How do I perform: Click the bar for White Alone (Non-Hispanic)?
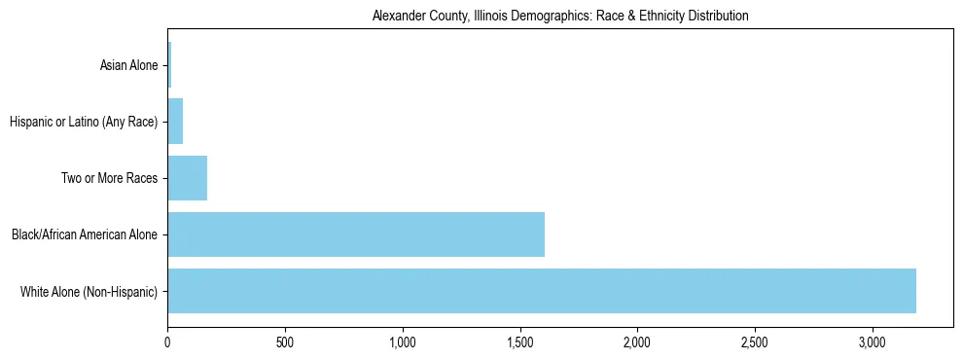(x=542, y=291)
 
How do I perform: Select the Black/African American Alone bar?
(x=356, y=234)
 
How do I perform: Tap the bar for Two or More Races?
(x=187, y=178)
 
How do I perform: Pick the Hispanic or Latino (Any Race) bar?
(x=175, y=122)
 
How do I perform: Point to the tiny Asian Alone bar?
(x=169, y=66)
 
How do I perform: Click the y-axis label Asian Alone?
(x=128, y=66)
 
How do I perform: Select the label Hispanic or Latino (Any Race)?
(x=83, y=122)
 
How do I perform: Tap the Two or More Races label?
(x=115, y=178)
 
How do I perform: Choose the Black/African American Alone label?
(x=84, y=234)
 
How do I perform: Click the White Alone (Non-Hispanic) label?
(x=89, y=291)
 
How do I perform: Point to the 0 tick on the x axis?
(x=167, y=343)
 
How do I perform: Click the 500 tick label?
(x=285, y=343)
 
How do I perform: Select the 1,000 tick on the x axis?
(x=403, y=343)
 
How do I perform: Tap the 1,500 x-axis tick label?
(x=520, y=343)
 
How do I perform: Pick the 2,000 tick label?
(x=637, y=343)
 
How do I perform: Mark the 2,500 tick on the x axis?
(x=755, y=343)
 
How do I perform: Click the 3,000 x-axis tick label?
(x=873, y=343)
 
